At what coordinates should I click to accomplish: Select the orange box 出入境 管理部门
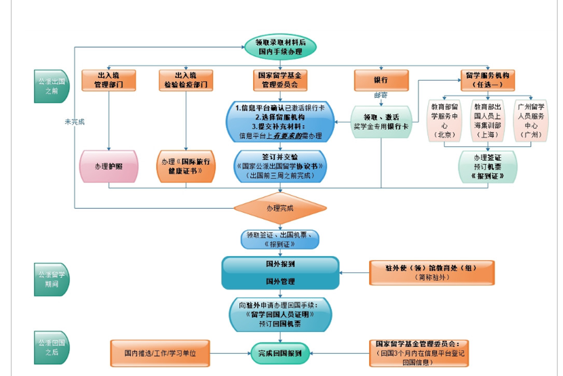point(109,80)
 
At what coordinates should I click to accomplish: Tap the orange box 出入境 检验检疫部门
point(185,80)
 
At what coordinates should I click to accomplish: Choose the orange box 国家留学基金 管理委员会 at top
point(279,80)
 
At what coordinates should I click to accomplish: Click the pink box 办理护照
point(109,166)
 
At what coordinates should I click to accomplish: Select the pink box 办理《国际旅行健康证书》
point(185,166)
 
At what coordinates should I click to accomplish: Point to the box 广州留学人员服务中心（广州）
point(531,121)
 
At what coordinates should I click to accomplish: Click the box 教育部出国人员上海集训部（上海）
point(488,121)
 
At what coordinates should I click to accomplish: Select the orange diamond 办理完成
point(279,208)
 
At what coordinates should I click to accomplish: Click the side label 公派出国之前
point(52,86)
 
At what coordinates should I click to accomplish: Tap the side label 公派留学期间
point(52,279)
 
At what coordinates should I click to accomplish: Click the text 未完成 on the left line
point(75,122)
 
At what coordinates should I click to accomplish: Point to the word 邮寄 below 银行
point(381,96)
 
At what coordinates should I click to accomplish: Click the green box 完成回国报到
point(280,352)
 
